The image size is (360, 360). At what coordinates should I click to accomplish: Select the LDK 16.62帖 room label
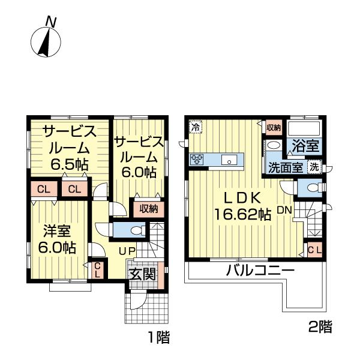(242, 206)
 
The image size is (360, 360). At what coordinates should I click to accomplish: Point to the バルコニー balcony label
(260, 271)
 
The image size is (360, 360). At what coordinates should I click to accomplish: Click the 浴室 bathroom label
(304, 146)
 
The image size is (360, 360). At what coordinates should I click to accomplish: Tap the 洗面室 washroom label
(285, 168)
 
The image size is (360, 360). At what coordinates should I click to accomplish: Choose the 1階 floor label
(158, 338)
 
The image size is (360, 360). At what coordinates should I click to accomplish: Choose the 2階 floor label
(320, 327)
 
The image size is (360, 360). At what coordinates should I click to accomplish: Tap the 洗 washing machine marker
(313, 167)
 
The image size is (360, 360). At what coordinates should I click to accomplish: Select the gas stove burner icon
(197, 159)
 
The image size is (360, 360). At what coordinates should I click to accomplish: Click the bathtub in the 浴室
(304, 128)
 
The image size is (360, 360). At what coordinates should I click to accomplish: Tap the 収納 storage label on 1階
(148, 209)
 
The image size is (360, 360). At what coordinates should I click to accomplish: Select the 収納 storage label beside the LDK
(274, 127)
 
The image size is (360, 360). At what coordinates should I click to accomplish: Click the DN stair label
(284, 211)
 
